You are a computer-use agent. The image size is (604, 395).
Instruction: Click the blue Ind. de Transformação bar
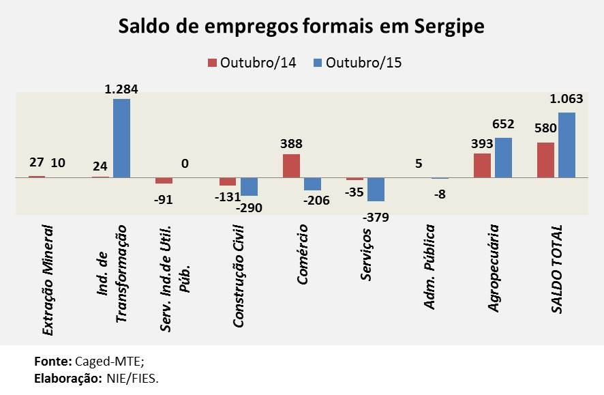[x=121, y=138]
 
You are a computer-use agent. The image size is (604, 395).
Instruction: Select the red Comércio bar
[x=291, y=166]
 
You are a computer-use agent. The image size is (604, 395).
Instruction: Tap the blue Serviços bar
[x=376, y=189]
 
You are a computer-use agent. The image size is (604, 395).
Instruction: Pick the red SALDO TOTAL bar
[x=545, y=160]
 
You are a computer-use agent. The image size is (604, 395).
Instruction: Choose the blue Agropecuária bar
[x=503, y=158]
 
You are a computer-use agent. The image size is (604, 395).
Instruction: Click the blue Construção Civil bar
[x=249, y=186]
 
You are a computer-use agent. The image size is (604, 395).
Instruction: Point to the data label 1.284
[x=121, y=89]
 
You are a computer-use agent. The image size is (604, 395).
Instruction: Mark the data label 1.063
[x=567, y=100]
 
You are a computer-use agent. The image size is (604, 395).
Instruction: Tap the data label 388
[x=291, y=144]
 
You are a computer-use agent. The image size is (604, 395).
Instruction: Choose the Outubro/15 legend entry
[x=357, y=63]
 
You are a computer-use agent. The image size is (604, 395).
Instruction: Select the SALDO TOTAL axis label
[x=557, y=269]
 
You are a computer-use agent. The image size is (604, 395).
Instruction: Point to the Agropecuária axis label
[x=494, y=268]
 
